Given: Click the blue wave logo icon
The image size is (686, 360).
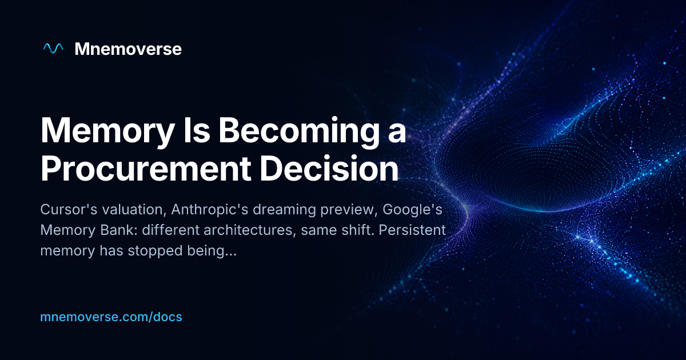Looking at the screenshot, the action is click(53, 49).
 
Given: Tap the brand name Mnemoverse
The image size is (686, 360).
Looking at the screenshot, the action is click(128, 49).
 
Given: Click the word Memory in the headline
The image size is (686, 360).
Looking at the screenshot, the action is click(107, 131).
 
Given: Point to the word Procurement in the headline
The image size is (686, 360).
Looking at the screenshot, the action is click(146, 169).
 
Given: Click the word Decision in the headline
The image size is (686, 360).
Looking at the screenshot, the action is click(329, 169).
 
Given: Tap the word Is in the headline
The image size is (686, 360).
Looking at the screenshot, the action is click(197, 130).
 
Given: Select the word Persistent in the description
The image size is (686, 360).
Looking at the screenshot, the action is click(412, 230).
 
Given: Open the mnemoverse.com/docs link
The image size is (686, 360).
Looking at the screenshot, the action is click(111, 317).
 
